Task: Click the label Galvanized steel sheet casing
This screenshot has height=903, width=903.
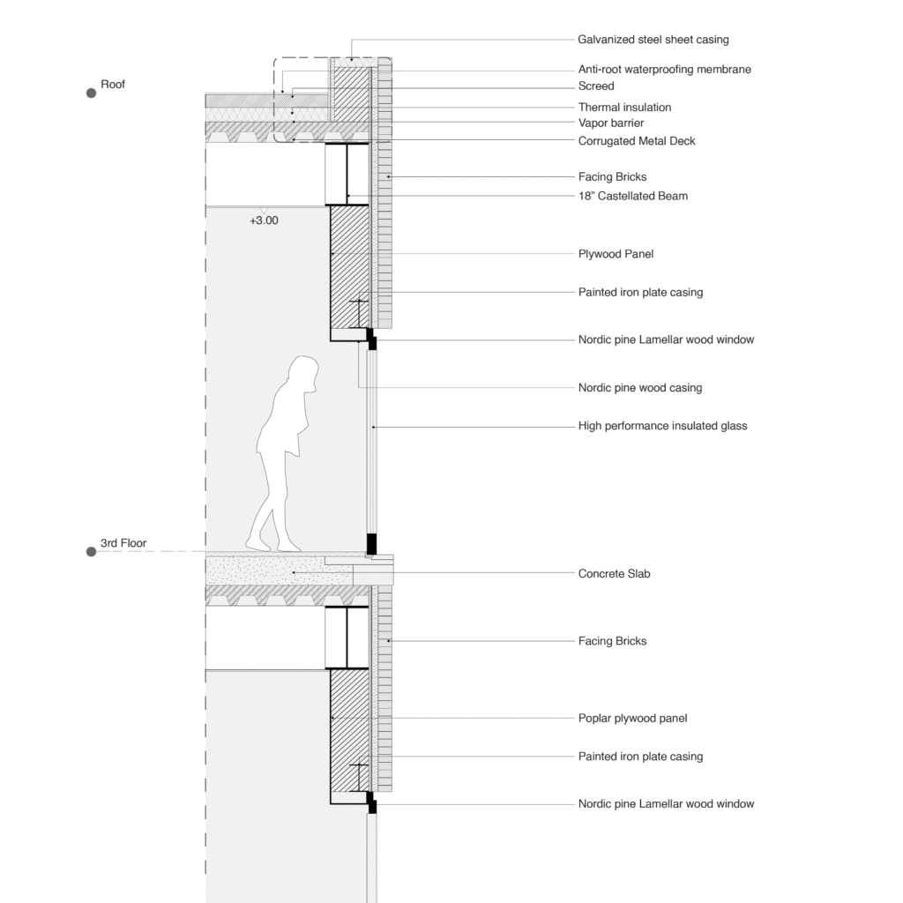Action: (x=653, y=40)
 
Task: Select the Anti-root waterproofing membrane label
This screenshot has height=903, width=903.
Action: (x=664, y=70)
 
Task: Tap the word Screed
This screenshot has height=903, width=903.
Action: (x=596, y=86)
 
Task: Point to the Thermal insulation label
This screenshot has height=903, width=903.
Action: (x=624, y=108)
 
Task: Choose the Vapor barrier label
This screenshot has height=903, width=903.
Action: (x=611, y=123)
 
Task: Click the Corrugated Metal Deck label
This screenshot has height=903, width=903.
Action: (x=637, y=141)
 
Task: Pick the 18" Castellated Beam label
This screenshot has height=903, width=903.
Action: (x=632, y=196)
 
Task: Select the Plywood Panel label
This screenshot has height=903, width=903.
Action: (x=616, y=254)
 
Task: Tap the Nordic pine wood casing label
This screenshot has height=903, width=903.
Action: (x=639, y=388)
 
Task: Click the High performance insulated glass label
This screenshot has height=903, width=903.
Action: (x=662, y=426)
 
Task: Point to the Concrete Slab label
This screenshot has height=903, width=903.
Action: (x=614, y=574)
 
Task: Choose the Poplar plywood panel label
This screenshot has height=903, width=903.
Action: (x=632, y=719)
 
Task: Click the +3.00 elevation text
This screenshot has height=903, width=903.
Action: (x=264, y=221)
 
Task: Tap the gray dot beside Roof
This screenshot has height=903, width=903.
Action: (x=91, y=93)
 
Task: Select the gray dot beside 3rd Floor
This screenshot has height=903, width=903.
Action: (x=91, y=552)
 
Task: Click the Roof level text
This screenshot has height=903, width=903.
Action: (x=113, y=85)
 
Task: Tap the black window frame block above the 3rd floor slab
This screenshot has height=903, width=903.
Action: (x=371, y=542)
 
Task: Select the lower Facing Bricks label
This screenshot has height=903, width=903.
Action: (x=612, y=641)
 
